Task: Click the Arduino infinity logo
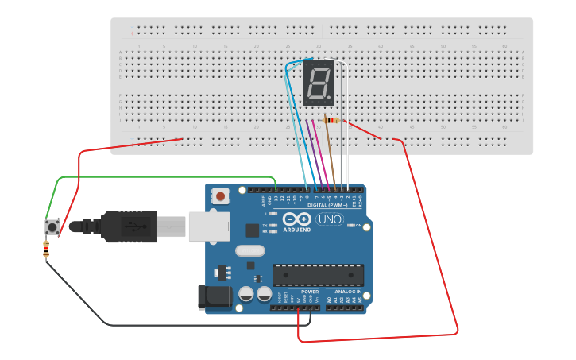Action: (x=296, y=220)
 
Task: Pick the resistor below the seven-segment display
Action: (x=330, y=121)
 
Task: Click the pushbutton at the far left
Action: (x=52, y=227)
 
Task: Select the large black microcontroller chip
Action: (x=318, y=274)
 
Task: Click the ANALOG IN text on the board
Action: (x=348, y=292)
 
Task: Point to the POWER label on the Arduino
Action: (x=310, y=292)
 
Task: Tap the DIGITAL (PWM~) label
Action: (x=328, y=205)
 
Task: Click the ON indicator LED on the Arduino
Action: (x=351, y=226)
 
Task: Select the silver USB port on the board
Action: (x=208, y=226)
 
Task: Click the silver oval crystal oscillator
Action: (x=249, y=251)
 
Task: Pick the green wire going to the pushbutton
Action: (x=159, y=177)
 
